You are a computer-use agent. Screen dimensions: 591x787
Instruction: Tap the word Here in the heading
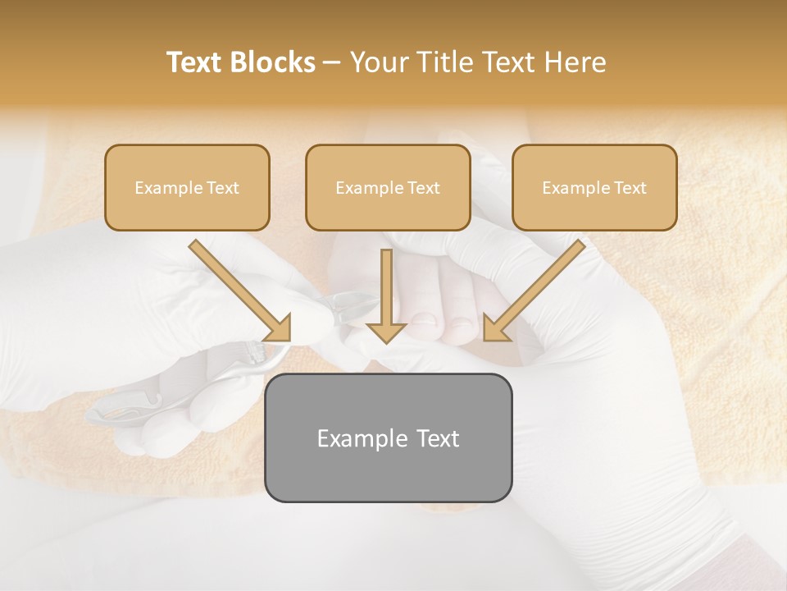click(573, 62)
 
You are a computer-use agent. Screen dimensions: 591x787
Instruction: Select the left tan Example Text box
click(187, 187)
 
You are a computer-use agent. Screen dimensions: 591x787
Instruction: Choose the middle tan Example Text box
click(388, 187)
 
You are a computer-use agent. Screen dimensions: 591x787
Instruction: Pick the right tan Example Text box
click(594, 187)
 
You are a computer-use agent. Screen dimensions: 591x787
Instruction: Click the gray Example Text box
click(388, 438)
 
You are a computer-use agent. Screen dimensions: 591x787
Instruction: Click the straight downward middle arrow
click(386, 291)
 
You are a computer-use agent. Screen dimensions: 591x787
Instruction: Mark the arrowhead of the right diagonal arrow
click(494, 328)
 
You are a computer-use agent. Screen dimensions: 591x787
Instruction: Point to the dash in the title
click(332, 63)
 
